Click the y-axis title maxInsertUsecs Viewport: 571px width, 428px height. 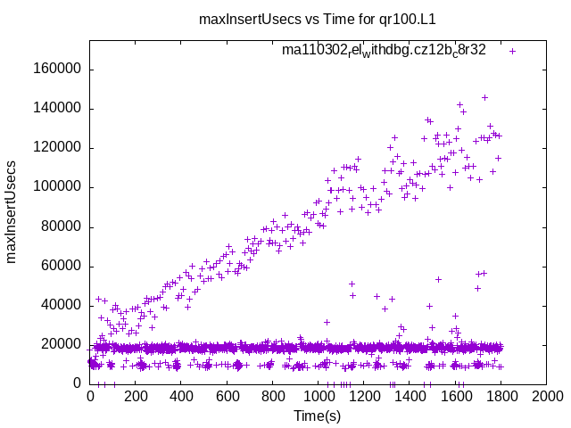(12, 211)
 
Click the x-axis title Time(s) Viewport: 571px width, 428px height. (318, 416)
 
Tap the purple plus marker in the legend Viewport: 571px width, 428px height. (513, 51)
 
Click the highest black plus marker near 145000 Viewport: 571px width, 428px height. (484, 97)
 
